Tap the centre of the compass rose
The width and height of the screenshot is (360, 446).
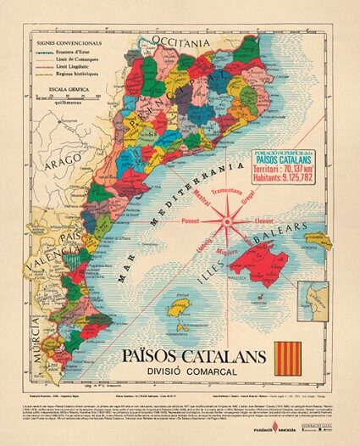(x=228, y=223)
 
